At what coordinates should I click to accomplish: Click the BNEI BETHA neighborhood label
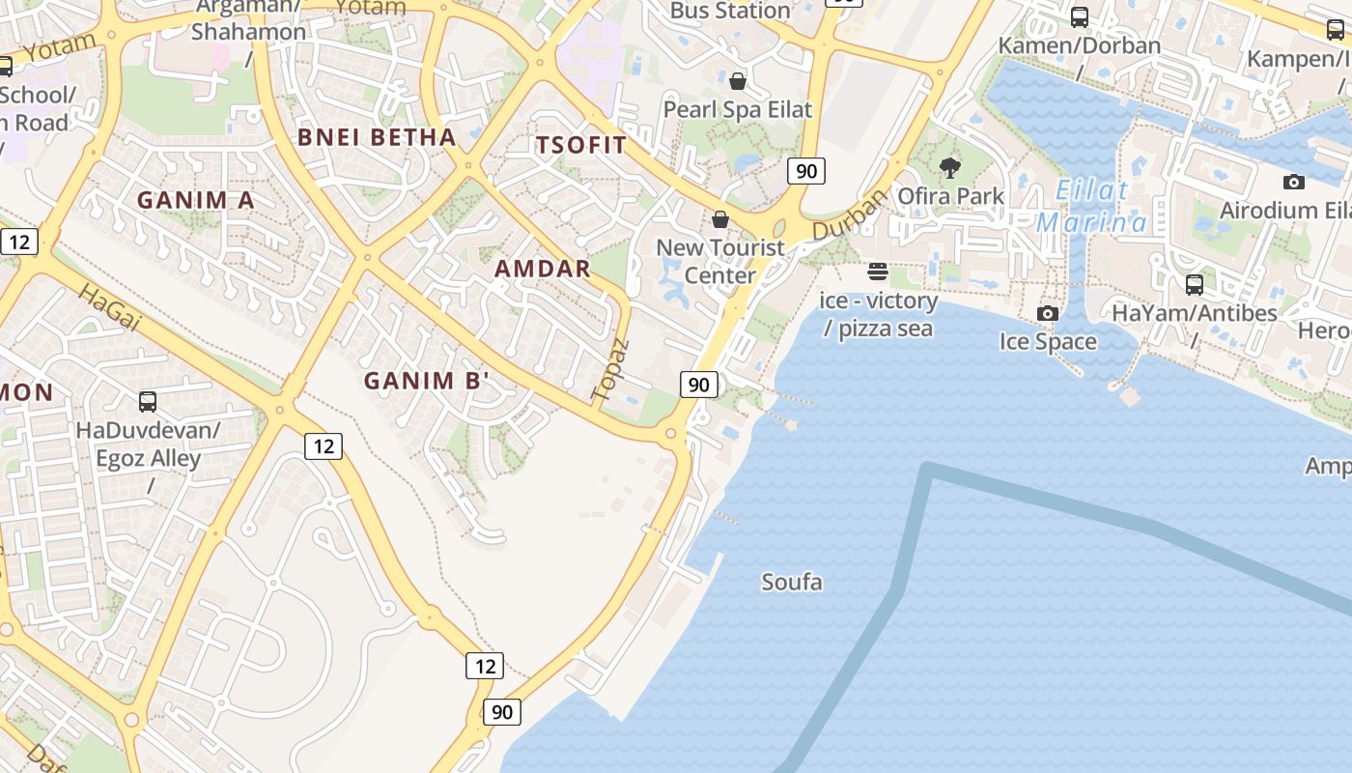pyautogui.click(x=377, y=137)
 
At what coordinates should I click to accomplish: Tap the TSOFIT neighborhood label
pyautogui.click(x=581, y=145)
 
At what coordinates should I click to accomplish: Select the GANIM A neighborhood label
pyautogui.click(x=196, y=200)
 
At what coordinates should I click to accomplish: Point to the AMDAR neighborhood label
pyautogui.click(x=543, y=269)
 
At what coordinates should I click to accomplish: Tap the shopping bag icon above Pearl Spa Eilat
pyautogui.click(x=738, y=81)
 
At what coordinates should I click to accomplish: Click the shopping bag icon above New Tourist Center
pyautogui.click(x=720, y=220)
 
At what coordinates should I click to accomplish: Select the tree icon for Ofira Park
pyautogui.click(x=950, y=168)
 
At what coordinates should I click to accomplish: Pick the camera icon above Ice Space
pyautogui.click(x=1048, y=313)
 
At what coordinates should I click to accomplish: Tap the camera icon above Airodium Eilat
pyautogui.click(x=1294, y=182)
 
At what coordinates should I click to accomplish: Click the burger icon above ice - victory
pyautogui.click(x=878, y=272)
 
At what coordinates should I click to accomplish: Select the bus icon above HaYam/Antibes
pyautogui.click(x=1195, y=285)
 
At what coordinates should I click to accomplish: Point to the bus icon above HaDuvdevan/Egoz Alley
pyautogui.click(x=148, y=402)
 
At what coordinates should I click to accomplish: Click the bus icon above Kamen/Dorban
pyautogui.click(x=1080, y=17)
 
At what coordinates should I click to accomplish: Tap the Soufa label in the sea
pyautogui.click(x=792, y=582)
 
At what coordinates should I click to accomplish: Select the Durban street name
pyautogui.click(x=850, y=215)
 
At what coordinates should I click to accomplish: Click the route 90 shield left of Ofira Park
pyautogui.click(x=805, y=172)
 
